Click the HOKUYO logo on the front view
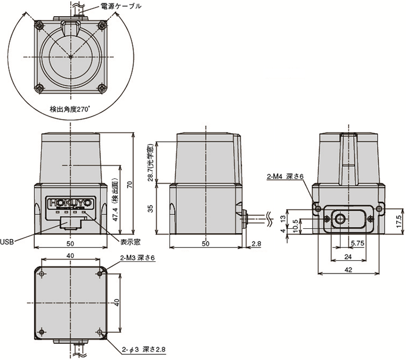(70, 203)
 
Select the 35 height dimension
(151, 208)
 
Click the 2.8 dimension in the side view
(256, 244)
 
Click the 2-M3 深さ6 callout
(138, 259)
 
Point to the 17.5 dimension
(399, 221)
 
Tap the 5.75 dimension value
(358, 244)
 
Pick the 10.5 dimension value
(295, 225)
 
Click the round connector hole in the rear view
(340, 219)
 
